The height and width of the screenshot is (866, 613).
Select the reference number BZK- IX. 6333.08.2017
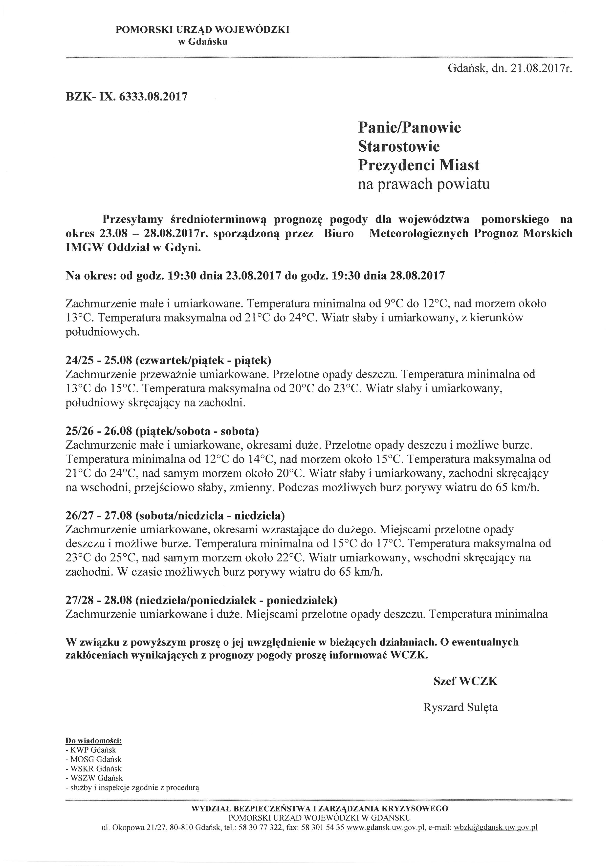point(127,97)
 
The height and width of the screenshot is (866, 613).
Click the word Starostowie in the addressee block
point(399,146)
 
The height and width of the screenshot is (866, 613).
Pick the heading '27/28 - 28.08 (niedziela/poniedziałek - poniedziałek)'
point(201,600)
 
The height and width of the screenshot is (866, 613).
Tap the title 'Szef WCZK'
point(465,681)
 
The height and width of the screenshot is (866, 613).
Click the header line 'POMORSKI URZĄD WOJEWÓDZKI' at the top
point(202,30)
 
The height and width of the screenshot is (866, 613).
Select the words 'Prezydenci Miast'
point(419,165)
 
